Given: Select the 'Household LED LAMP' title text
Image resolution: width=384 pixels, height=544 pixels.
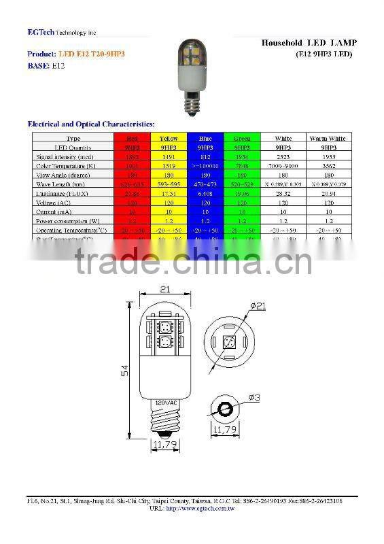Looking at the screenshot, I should click(x=309, y=43).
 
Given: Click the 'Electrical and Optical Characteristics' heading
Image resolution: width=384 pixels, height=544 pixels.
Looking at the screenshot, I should click(x=90, y=124).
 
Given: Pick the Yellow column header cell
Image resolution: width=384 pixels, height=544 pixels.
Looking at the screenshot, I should click(x=169, y=138).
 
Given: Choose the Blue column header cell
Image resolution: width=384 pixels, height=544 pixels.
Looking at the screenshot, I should click(x=205, y=138).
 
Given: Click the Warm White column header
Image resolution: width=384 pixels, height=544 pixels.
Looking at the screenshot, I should click(x=328, y=138).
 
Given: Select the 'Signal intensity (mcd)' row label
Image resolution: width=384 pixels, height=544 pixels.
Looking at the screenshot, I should click(x=65, y=156).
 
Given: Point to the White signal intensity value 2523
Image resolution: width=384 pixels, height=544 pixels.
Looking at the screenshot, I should click(x=283, y=156).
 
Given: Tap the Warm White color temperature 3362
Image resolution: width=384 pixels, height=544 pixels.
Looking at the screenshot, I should click(x=328, y=165).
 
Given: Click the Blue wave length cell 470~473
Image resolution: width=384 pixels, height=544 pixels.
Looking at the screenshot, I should click(x=205, y=184).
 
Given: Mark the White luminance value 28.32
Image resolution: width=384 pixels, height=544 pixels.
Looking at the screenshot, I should click(x=283, y=193).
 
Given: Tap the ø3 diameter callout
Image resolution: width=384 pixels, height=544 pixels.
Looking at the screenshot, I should click(x=254, y=396).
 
